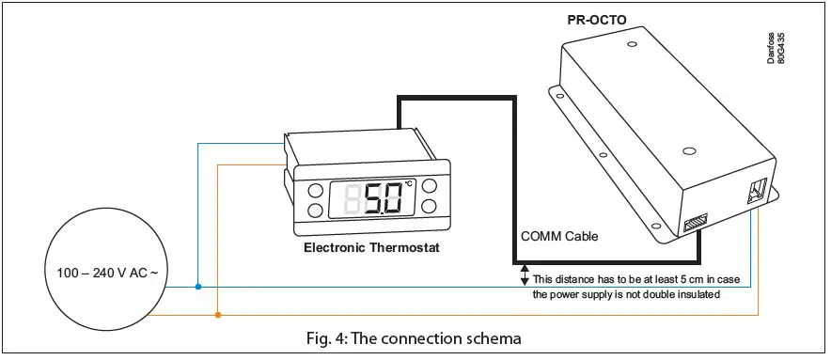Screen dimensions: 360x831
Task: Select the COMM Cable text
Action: click(558, 237)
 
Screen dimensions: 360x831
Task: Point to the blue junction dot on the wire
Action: click(197, 286)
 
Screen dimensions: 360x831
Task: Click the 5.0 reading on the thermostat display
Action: click(383, 199)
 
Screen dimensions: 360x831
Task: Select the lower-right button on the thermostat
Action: click(431, 205)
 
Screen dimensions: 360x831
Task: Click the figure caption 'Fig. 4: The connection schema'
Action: click(427, 337)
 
